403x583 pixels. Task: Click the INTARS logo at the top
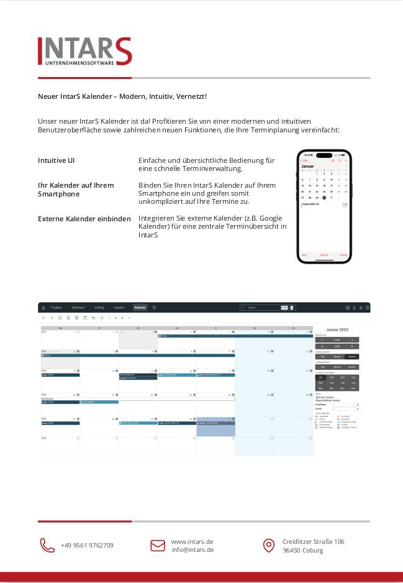pos(84,51)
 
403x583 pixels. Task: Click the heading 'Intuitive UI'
pos(57,160)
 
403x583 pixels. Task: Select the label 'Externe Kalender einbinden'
pos(84,219)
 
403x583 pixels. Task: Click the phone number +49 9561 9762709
pos(87,545)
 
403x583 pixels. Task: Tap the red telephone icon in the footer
pos(47,545)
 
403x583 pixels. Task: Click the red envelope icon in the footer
pos(158,545)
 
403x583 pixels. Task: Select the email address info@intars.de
pos(192,549)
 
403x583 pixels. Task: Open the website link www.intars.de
pos(192,541)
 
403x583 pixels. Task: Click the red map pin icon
pos(268,545)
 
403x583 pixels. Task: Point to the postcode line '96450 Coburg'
pos(304,550)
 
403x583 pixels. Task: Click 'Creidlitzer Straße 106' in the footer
pos(314,541)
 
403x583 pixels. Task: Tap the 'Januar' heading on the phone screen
pos(308,167)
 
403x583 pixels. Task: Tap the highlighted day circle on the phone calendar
pos(324,198)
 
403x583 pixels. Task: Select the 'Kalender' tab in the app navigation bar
pos(140,308)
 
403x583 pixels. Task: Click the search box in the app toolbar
pos(261,308)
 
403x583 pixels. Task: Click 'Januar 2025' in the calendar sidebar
pos(337,329)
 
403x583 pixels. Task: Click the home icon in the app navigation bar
pos(43,308)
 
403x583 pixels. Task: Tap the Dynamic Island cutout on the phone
pos(324,155)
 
